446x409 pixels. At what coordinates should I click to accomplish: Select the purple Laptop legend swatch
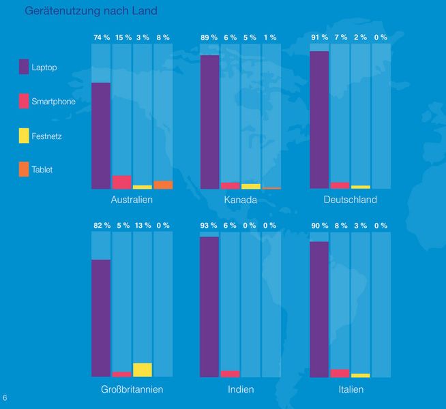click(24, 66)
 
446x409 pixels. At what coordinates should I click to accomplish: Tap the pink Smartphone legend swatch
click(24, 102)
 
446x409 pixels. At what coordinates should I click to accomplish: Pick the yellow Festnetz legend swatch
click(24, 136)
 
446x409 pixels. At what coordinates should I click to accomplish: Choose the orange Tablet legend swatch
click(24, 170)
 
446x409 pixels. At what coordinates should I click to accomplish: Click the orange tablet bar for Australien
click(163, 185)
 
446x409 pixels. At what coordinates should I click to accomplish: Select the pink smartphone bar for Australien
click(122, 182)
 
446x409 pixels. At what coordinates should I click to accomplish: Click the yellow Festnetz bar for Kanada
click(251, 186)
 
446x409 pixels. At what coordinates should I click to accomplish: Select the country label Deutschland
click(351, 200)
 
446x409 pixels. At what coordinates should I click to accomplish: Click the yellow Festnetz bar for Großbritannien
click(143, 370)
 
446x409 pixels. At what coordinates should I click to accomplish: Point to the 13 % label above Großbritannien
click(143, 226)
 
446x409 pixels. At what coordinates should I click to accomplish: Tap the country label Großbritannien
click(132, 390)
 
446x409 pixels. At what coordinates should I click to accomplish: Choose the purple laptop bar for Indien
click(210, 307)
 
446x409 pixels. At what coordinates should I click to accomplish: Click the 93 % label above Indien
click(210, 226)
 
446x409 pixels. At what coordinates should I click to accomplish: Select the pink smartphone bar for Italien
click(340, 373)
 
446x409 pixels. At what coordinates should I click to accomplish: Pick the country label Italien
click(351, 390)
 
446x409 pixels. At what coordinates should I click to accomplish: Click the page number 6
click(5, 397)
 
